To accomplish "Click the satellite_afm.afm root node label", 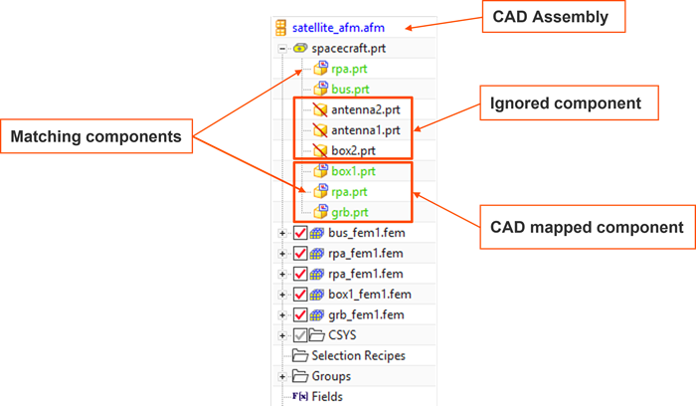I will point(338,27).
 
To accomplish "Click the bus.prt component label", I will point(350,90).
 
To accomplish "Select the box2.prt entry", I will point(355,150).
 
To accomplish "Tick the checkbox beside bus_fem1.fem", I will point(300,233).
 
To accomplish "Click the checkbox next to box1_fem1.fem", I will point(300,294).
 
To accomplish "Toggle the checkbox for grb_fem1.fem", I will point(300,314).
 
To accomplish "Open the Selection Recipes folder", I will point(358,355).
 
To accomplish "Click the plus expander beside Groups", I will point(282,376).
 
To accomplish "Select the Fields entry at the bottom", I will point(326,396).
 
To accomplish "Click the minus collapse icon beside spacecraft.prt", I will point(282,48).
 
